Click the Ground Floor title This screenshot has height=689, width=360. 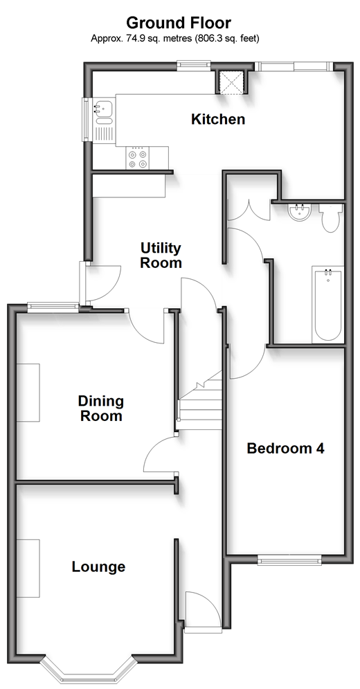click(x=179, y=22)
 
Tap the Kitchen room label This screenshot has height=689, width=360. click(x=218, y=119)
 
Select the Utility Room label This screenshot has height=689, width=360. click(x=161, y=256)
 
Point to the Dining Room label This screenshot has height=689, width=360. click(x=100, y=409)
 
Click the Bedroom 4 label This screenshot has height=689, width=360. click(x=285, y=448)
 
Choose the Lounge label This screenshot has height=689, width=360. click(x=98, y=567)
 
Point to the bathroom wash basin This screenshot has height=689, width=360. click(x=300, y=213)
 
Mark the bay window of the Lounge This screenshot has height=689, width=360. click(x=88, y=668)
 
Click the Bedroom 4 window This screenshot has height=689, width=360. click(x=289, y=560)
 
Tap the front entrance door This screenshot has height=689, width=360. click(x=201, y=610)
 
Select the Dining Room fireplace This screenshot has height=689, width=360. click(x=28, y=393)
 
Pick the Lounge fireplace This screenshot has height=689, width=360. click(x=28, y=568)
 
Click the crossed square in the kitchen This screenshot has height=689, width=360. click(x=232, y=82)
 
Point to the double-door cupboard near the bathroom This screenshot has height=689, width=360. click(x=249, y=209)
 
